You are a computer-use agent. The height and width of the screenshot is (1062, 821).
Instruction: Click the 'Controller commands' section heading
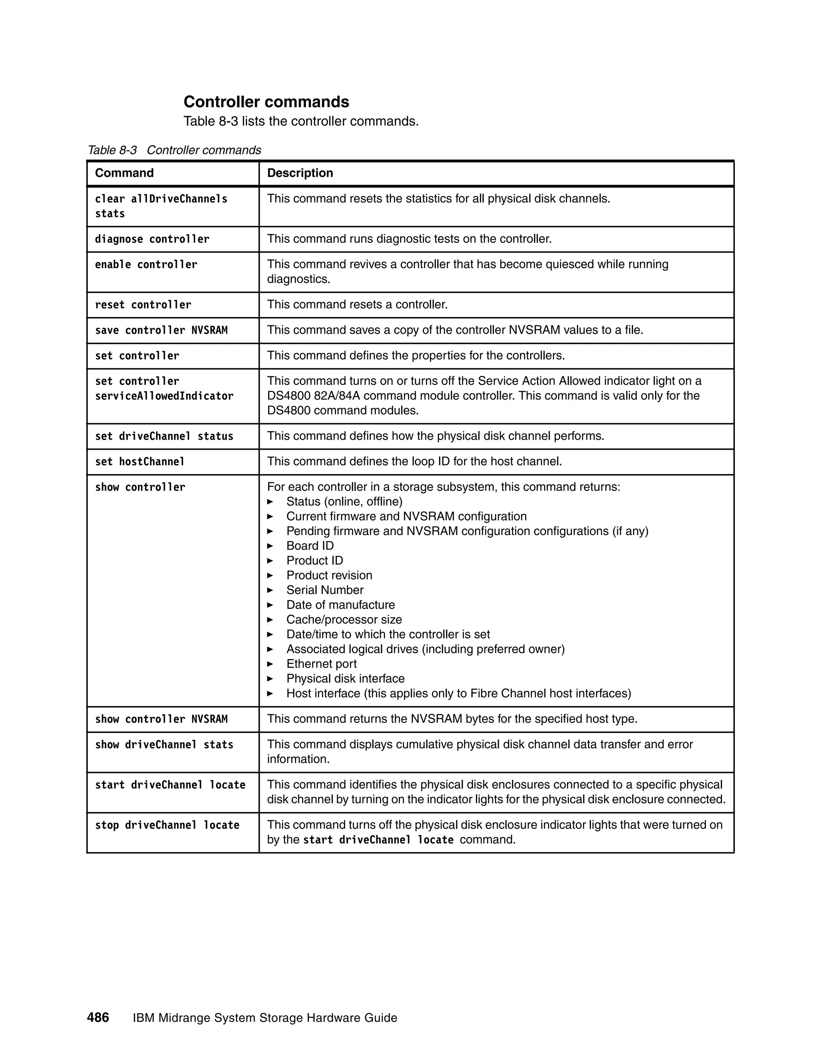point(266,102)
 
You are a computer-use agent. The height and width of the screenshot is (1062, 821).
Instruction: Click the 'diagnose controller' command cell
point(152,239)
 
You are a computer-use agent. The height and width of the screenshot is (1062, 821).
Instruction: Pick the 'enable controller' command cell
point(146,264)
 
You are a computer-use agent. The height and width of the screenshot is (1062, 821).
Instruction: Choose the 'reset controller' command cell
point(143,305)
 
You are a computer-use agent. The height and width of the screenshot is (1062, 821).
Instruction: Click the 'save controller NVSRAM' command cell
point(161,331)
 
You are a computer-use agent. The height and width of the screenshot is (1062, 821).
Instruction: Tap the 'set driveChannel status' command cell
point(164,436)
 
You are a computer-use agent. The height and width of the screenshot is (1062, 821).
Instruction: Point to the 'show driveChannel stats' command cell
point(164,745)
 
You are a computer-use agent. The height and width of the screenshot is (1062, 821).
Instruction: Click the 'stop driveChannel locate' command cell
point(167,825)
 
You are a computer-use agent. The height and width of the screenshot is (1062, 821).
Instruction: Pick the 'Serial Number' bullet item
point(324,590)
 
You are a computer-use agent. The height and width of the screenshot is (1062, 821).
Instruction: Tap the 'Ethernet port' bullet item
point(321,664)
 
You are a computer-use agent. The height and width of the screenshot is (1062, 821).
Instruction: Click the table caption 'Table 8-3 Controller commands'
point(174,150)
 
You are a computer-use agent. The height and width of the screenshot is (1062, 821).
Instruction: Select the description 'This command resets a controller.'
point(357,305)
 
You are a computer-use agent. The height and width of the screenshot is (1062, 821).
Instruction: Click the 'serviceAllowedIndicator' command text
point(164,396)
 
